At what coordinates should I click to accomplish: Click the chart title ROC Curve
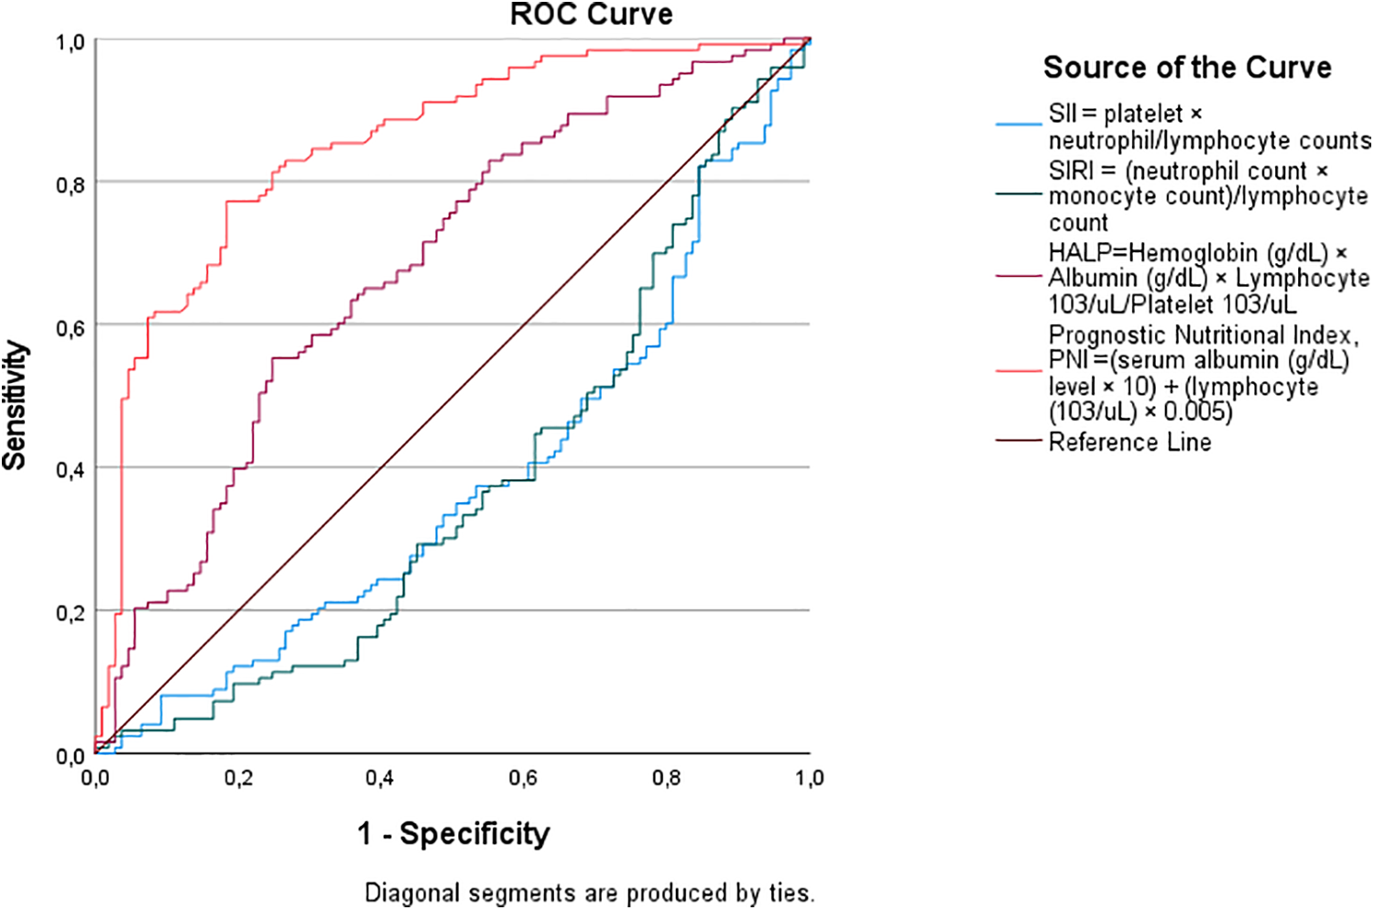click(x=591, y=15)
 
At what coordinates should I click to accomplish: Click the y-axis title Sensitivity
click(x=15, y=405)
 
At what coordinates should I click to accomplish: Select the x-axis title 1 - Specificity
click(x=453, y=833)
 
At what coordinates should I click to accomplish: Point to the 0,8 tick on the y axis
click(x=71, y=185)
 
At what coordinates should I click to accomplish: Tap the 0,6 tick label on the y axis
click(x=71, y=328)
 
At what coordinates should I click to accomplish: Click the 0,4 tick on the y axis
click(x=71, y=470)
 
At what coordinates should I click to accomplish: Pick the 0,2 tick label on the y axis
click(x=71, y=613)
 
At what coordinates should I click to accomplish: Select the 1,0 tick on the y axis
click(x=71, y=42)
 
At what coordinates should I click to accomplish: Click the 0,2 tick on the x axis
click(x=238, y=778)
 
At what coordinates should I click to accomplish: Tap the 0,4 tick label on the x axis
click(x=380, y=778)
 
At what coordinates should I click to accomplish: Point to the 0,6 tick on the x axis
click(x=523, y=778)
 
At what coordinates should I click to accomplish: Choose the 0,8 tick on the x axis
click(x=666, y=778)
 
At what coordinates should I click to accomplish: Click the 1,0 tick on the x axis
click(x=809, y=778)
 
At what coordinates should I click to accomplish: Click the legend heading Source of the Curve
click(x=1187, y=67)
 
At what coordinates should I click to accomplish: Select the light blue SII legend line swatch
click(x=1019, y=123)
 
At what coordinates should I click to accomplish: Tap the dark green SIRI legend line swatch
click(x=1019, y=194)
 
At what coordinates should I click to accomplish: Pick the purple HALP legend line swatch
click(x=1019, y=276)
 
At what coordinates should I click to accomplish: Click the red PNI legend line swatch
click(x=1019, y=371)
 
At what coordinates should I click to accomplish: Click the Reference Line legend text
click(x=1129, y=442)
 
